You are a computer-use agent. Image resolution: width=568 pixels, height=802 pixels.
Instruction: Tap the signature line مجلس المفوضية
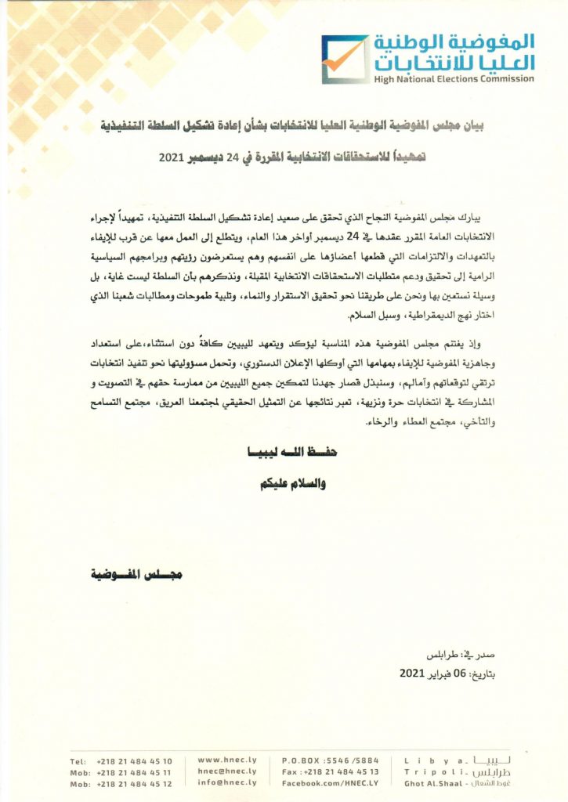click(x=137, y=575)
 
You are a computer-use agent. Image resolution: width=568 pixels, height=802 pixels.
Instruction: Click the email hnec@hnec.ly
click(x=229, y=771)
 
